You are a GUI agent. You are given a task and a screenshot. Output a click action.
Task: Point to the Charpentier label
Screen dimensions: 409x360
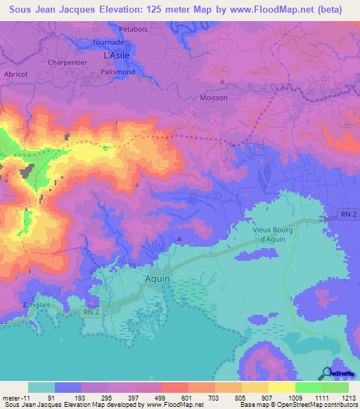coord(67,60)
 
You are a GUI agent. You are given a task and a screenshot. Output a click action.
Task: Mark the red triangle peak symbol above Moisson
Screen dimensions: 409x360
coord(222,82)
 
